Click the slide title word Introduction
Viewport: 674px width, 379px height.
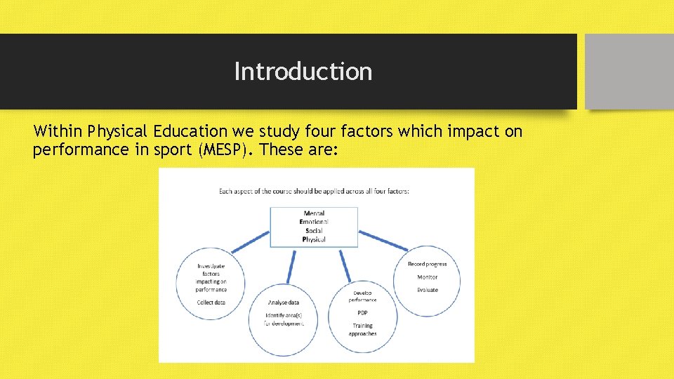[x=303, y=72]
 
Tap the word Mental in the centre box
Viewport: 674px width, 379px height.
[x=314, y=213]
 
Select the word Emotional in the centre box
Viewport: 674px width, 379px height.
[x=314, y=222]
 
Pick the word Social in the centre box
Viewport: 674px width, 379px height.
[x=314, y=231]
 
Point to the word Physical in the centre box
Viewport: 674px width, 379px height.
[x=314, y=240]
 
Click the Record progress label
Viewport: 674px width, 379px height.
[x=427, y=264]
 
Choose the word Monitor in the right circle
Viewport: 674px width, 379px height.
[x=427, y=277]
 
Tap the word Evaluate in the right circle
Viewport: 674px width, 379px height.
[x=427, y=290]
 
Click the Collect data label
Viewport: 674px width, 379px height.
[x=211, y=302]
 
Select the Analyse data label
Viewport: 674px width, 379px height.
[x=284, y=302]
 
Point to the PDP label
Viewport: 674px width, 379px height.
[x=362, y=313]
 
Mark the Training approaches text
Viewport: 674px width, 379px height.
[x=362, y=329]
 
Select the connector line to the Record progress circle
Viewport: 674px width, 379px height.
[x=383, y=240]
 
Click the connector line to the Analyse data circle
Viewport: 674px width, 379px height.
[x=291, y=266]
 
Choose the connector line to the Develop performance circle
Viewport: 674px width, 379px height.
[x=344, y=266]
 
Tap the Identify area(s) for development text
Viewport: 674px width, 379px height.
[x=284, y=319]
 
